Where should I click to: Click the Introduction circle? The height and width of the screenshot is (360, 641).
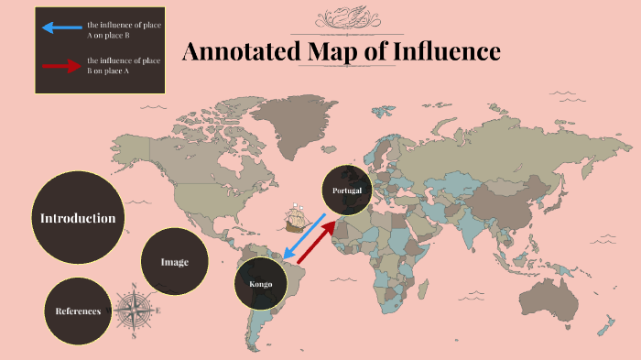tap(78, 218)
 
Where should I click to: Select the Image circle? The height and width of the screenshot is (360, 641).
tap(175, 262)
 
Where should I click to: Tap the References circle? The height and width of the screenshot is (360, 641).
tap(78, 311)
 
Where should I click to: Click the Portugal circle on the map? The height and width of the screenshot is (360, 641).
tap(348, 191)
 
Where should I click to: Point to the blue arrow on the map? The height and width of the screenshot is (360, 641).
tap(305, 236)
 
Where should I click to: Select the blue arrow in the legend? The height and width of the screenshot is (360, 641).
tap(61, 28)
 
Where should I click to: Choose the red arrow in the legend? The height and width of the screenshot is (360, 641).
tap(61, 66)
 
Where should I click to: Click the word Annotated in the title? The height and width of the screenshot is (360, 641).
tap(241, 51)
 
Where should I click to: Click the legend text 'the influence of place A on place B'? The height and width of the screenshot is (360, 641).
tap(124, 28)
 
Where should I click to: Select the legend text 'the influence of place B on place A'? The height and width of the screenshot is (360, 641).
tap(124, 65)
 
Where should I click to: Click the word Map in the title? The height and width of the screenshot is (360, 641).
tap(335, 51)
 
